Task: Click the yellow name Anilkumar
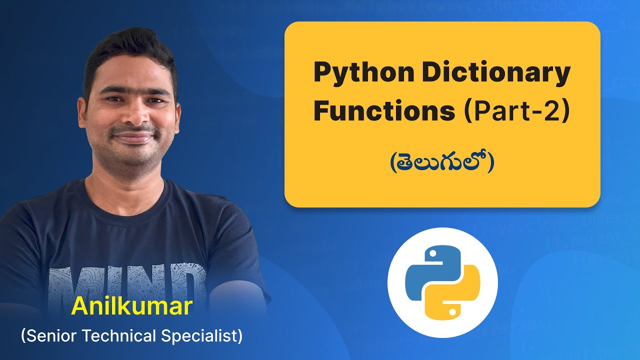(132, 306)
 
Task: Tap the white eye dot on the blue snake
(431, 253)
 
